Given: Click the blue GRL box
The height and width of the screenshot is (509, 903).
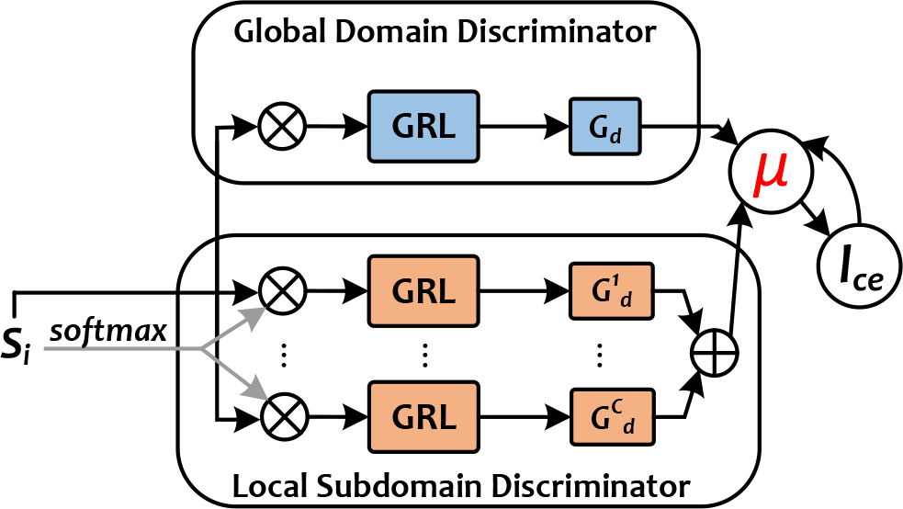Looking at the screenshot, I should click(423, 127).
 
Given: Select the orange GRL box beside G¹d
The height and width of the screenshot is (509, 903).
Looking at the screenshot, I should click(423, 291).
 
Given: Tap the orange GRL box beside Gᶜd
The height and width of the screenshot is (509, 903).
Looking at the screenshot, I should click(423, 417).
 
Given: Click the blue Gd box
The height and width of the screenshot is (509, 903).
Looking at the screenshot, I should click(604, 127).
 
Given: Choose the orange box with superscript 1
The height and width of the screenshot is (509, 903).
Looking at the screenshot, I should click(611, 291).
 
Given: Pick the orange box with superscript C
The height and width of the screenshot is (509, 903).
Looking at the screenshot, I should click(612, 417).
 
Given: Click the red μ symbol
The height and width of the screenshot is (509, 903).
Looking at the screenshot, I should click(770, 173).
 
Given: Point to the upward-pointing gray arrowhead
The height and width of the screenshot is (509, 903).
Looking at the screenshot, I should click(253, 317).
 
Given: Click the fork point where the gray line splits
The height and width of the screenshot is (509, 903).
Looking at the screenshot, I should click(202, 348).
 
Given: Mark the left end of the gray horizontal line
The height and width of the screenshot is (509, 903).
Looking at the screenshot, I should click(46, 348).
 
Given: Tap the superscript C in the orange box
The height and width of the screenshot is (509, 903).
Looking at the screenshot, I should click(617, 406).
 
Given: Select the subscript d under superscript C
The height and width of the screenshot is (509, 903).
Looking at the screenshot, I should click(628, 428).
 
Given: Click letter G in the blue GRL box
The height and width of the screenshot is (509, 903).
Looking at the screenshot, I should click(403, 127).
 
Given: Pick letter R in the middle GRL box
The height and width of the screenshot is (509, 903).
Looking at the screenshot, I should click(425, 292).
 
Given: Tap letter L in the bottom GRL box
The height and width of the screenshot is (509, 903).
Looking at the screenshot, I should click(446, 418).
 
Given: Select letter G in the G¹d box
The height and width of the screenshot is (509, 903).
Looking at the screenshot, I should click(602, 292).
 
